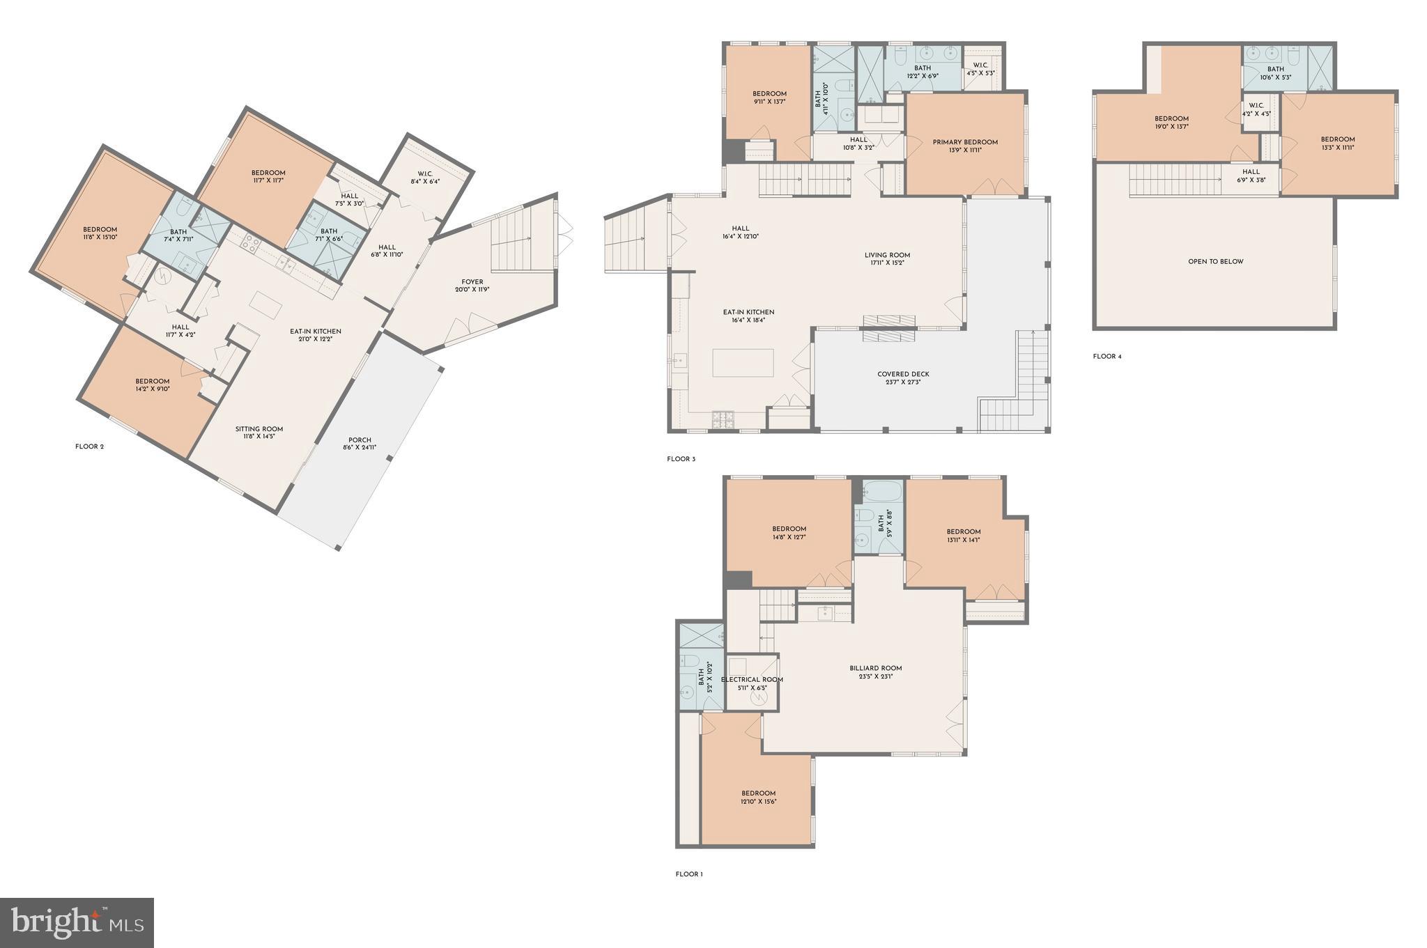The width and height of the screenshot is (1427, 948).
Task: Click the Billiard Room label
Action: (876, 671)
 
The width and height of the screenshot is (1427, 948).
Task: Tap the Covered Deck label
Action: (903, 378)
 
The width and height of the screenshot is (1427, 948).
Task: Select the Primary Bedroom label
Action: (965, 146)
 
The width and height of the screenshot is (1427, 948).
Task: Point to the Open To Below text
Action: (1215, 262)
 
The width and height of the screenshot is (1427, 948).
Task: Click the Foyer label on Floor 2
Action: (472, 286)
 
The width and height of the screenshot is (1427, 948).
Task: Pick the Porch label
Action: (360, 443)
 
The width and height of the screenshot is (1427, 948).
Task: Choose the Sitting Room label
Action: (259, 433)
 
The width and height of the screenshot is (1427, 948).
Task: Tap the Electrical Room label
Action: (752, 683)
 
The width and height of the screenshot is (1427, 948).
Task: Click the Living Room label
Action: (887, 258)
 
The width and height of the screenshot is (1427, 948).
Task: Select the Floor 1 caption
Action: (688, 874)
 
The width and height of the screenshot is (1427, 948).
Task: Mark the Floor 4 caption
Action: (1107, 357)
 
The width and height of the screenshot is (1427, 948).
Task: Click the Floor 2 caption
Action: (89, 446)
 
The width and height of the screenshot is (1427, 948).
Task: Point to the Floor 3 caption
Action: (681, 459)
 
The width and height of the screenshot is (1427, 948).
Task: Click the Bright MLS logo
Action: (77, 922)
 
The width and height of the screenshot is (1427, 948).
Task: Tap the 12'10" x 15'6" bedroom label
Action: (758, 797)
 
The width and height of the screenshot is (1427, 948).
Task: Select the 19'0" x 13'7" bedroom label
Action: (1171, 123)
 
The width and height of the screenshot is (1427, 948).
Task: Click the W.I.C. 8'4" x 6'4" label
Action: (426, 178)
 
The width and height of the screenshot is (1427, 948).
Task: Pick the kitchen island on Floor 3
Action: (743, 362)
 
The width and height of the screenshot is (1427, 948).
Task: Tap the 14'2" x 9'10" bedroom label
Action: (152, 384)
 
